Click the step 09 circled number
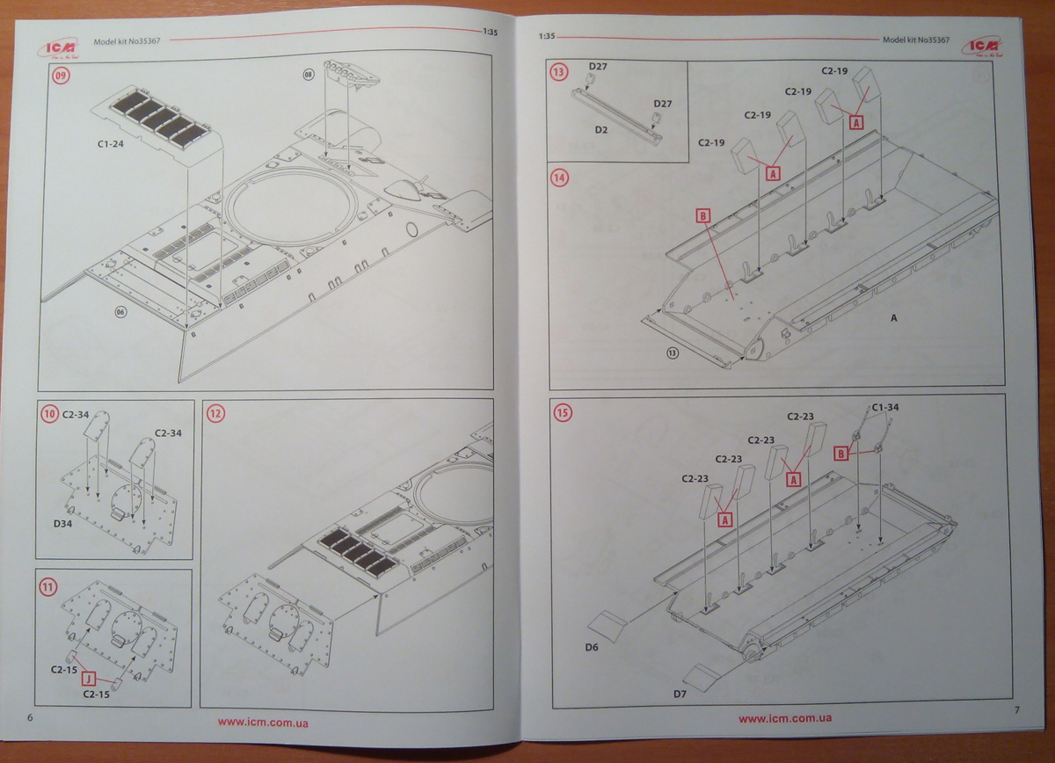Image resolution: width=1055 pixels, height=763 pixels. tap(61, 76)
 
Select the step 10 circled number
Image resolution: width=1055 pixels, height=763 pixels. tap(50, 412)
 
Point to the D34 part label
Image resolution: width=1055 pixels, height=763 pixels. tap(62, 523)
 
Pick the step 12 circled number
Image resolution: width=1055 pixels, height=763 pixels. tap(215, 412)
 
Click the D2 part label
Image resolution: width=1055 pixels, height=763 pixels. tap(601, 129)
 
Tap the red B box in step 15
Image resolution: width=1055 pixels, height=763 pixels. tap(840, 453)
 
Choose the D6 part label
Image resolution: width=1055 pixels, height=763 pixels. tap(592, 648)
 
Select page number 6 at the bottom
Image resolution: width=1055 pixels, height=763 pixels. tap(32, 718)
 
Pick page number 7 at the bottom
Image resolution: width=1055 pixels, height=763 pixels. tap(1016, 710)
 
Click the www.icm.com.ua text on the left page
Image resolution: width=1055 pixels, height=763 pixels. tap(267, 722)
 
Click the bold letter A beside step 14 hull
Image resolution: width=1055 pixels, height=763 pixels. tap(894, 318)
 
